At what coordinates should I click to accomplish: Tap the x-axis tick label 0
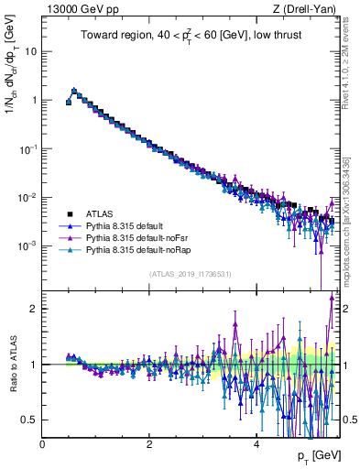42,443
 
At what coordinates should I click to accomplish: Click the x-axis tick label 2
149,443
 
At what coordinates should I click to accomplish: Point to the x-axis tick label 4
256,443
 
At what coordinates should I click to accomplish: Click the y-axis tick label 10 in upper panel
30,50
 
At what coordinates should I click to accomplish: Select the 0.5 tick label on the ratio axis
28,420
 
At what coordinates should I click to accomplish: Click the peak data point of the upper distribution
74,91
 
